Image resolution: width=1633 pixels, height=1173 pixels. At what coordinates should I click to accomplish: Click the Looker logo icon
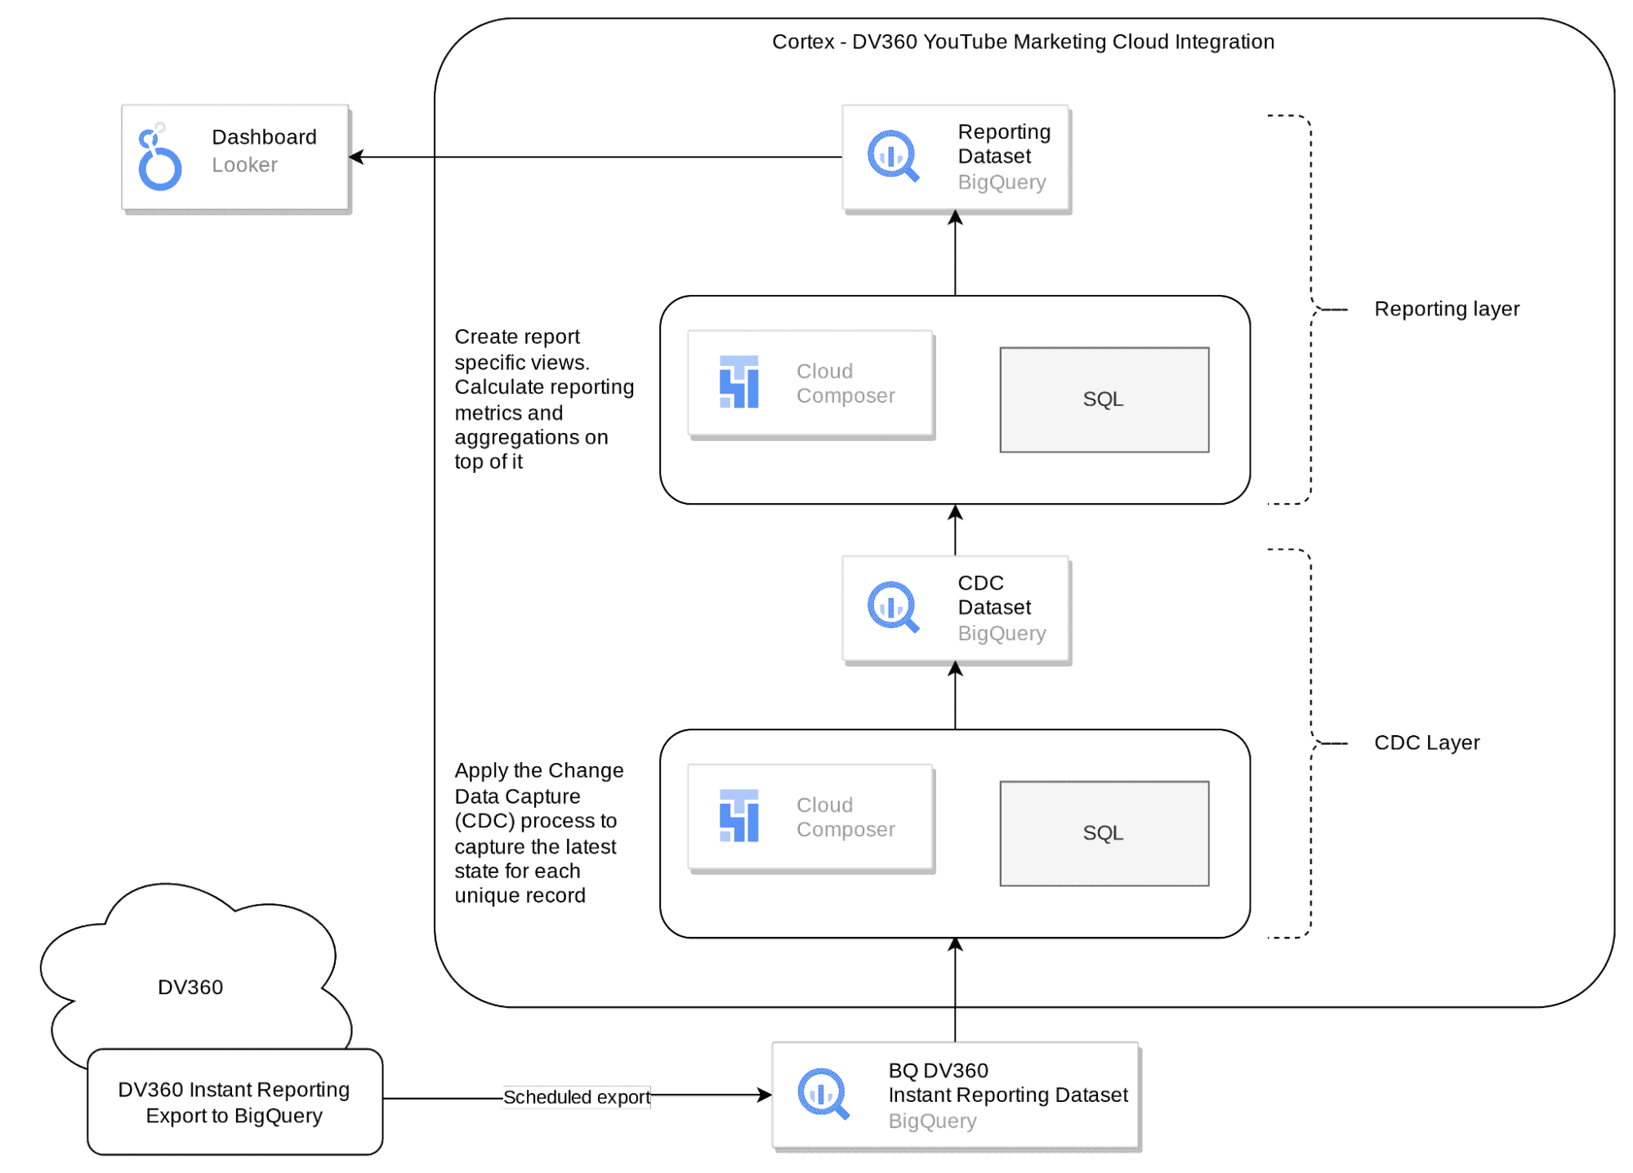159,158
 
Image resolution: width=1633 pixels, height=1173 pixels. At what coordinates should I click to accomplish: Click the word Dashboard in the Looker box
264,137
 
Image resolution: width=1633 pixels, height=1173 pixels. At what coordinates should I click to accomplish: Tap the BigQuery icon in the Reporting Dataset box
892,155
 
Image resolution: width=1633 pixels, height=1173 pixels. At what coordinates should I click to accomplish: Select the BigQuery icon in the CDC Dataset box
892,607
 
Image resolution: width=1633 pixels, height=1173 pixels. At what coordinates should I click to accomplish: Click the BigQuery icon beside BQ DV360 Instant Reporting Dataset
823,1093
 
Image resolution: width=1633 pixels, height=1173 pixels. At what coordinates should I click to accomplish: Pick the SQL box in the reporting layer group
1104,399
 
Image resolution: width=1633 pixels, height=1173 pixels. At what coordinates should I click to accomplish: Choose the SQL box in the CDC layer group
1104,833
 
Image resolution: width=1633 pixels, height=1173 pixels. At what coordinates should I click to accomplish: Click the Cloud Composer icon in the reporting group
738,381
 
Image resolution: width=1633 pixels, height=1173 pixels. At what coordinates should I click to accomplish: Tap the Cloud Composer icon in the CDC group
738,815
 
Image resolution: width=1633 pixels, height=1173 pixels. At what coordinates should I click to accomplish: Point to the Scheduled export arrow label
576,1097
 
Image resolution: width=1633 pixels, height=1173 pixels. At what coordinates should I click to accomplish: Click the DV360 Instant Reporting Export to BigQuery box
234,1102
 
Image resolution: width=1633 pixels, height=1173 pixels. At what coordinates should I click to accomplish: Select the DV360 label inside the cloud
190,988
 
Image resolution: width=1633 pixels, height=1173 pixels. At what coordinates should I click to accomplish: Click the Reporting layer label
1446,309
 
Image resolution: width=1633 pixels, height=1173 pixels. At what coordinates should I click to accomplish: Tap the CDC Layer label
1426,743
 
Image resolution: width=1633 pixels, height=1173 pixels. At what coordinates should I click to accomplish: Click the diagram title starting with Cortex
1023,42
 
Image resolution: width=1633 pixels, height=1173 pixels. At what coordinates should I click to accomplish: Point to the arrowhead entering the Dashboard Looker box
358,157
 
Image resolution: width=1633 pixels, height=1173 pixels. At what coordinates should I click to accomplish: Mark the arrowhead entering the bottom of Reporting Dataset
955,218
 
